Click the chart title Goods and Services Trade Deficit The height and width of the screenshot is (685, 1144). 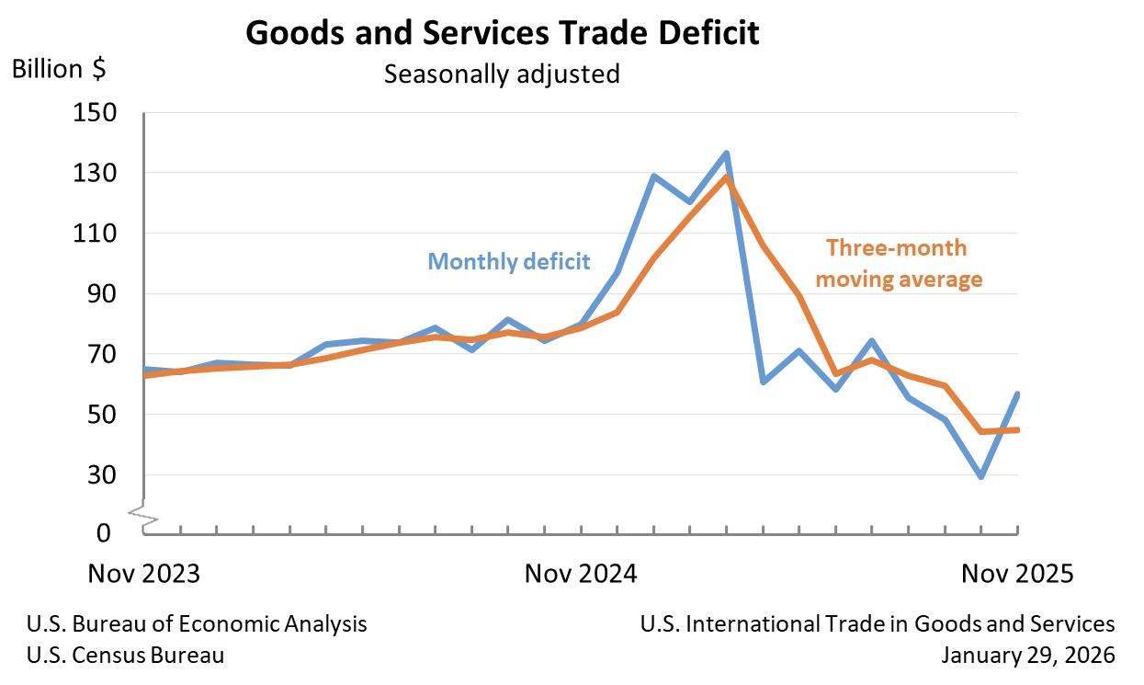[503, 34]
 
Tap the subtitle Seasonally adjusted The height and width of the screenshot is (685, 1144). [502, 74]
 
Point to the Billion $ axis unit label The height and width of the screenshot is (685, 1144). [59, 69]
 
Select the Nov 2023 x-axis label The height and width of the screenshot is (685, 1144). [144, 574]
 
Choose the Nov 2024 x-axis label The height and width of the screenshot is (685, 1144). [581, 574]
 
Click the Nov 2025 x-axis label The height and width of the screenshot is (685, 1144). [1017, 574]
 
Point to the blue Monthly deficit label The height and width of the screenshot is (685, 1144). [509, 261]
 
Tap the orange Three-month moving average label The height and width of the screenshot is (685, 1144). [899, 263]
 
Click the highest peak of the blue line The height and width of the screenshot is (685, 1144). [726, 153]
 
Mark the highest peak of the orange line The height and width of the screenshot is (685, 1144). [726, 177]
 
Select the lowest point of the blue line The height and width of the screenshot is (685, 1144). [981, 476]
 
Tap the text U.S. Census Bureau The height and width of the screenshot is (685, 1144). [126, 655]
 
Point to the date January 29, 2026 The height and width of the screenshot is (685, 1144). [1028, 655]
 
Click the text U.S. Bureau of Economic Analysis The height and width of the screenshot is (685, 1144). [197, 624]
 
